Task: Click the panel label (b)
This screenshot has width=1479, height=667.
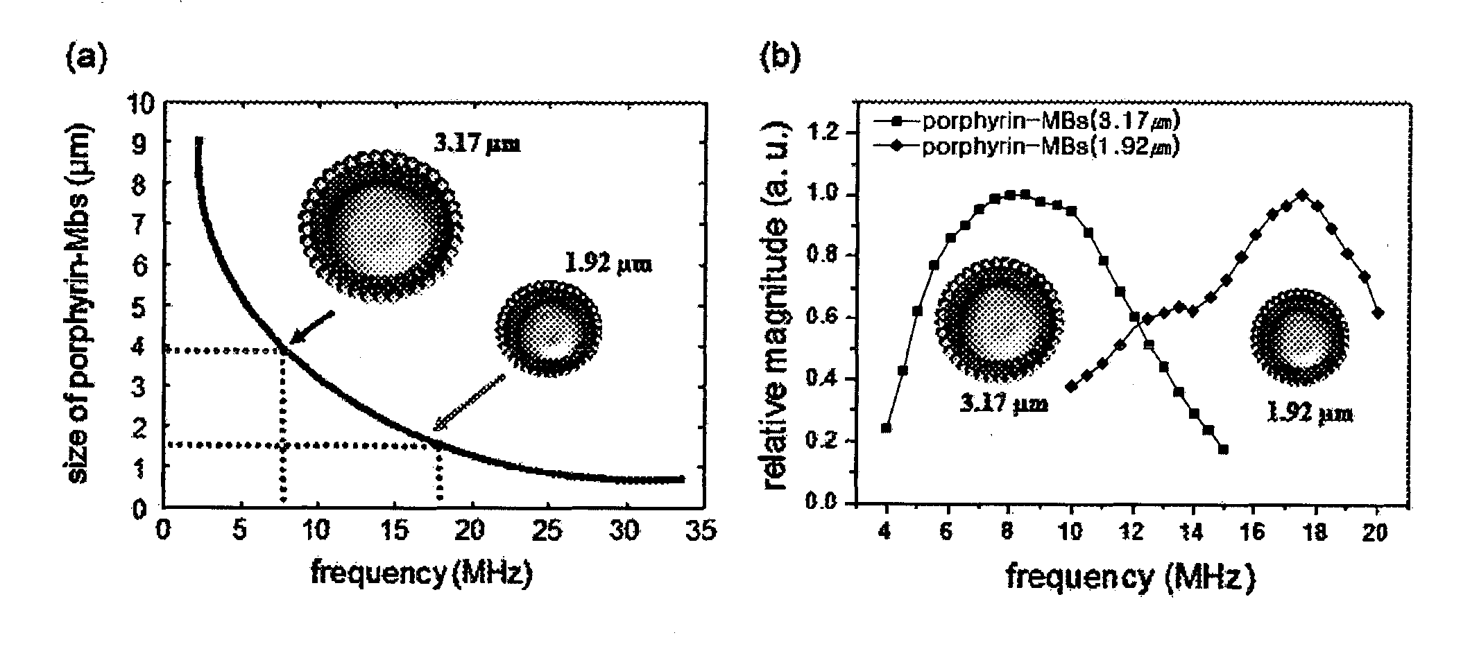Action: coord(780,58)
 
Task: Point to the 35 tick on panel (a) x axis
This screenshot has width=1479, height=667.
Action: coord(701,531)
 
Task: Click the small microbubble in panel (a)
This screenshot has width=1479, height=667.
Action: coord(549,327)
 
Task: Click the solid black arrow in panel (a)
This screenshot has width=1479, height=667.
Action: coord(311,327)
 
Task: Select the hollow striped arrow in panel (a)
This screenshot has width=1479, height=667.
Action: coord(470,403)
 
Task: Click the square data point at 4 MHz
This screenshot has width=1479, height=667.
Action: coord(886,428)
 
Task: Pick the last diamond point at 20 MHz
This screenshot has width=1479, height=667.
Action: coord(1378,313)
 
